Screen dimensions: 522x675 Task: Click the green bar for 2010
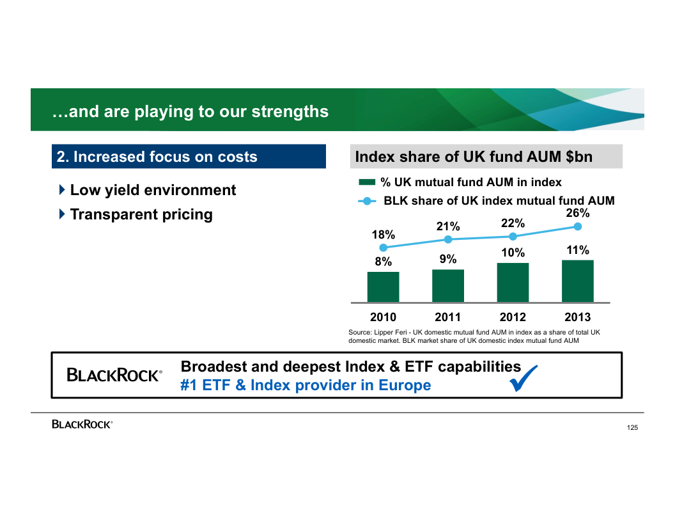[x=383, y=287]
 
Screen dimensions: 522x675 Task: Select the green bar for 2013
[x=577, y=281]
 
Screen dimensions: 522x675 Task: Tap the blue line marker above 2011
[x=448, y=239]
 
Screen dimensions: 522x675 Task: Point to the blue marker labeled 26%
[x=578, y=226]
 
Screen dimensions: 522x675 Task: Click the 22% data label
[x=513, y=223]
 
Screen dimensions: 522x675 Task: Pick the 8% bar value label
[x=383, y=261]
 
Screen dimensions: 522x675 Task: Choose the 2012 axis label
[x=513, y=317]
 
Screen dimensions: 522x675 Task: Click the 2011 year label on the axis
[x=448, y=317]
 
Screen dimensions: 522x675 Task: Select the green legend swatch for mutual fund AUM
[x=367, y=182]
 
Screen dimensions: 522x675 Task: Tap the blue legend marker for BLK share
[x=367, y=201]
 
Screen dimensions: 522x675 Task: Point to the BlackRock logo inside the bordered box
[x=114, y=376]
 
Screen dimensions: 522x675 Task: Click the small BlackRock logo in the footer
[x=82, y=424]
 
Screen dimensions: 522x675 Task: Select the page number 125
[x=632, y=427]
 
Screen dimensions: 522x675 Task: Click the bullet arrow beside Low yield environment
[x=61, y=190]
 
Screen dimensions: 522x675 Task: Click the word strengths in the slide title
[x=290, y=111]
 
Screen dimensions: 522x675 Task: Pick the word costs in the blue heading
[x=237, y=157]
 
